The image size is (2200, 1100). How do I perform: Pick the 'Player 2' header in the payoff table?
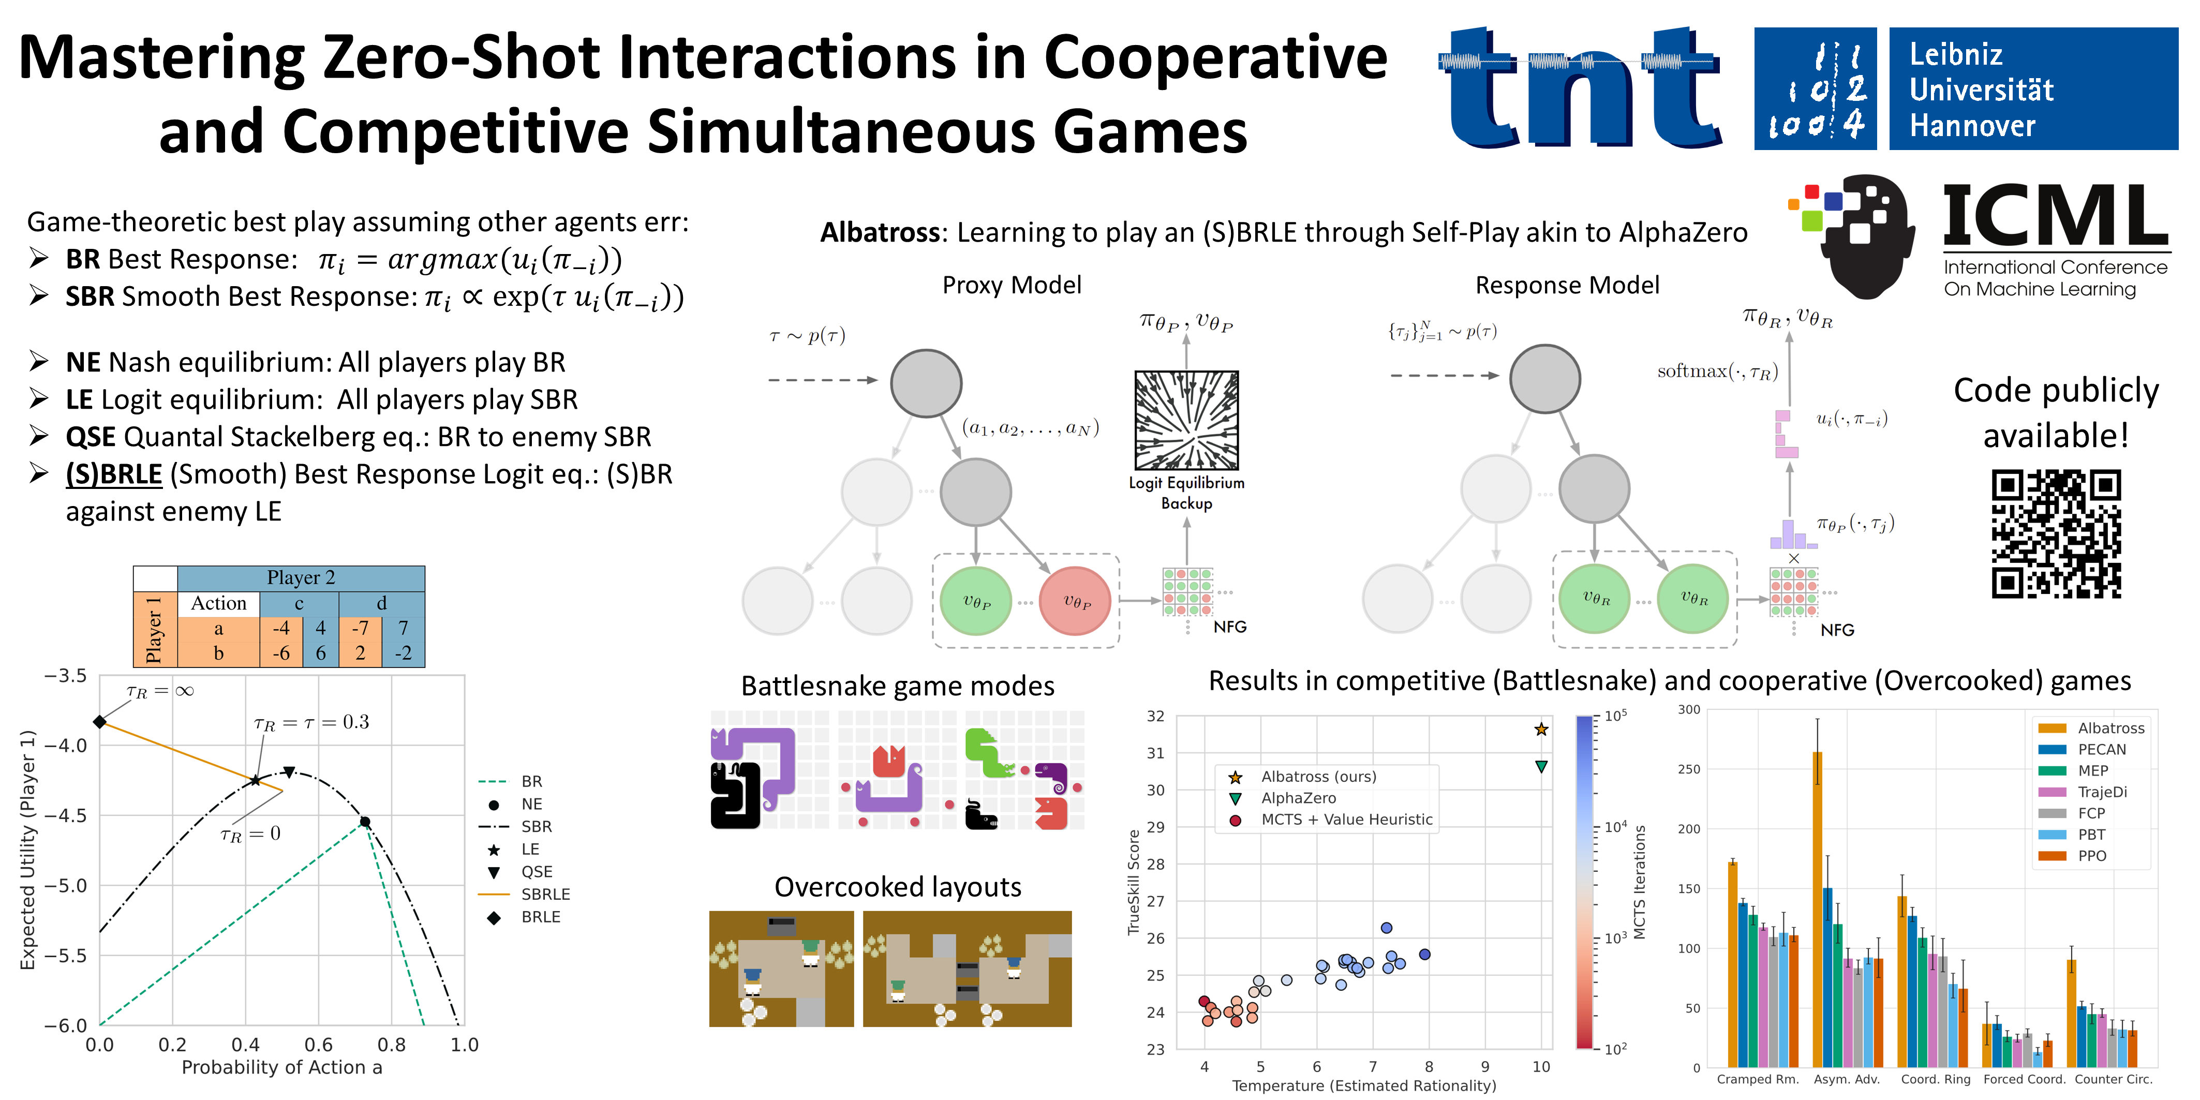click(301, 578)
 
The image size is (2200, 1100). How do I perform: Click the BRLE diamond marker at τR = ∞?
click(100, 722)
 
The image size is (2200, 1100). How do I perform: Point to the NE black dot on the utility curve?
click(365, 822)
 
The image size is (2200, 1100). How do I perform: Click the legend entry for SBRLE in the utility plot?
click(545, 894)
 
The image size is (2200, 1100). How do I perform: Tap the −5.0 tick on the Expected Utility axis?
click(65, 886)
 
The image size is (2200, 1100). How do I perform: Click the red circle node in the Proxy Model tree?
click(1075, 601)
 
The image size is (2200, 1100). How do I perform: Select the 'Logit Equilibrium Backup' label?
click(1186, 493)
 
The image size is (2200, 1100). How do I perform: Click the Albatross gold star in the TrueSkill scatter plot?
click(1541, 730)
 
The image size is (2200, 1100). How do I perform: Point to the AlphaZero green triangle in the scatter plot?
click(1541, 767)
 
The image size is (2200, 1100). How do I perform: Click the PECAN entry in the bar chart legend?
click(2101, 750)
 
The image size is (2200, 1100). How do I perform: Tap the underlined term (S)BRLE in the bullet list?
click(114, 474)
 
